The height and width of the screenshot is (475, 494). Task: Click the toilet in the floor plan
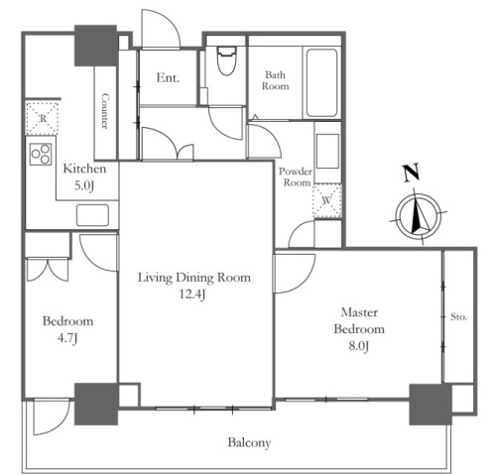[227, 60]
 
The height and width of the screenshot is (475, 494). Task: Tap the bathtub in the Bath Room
[321, 83]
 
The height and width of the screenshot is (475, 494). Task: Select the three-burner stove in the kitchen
[41, 154]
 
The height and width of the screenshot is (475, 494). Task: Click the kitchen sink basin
[92, 215]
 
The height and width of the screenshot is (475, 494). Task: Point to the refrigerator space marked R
[43, 119]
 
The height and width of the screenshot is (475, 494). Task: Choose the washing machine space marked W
[327, 201]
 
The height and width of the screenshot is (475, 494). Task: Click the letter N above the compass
[412, 173]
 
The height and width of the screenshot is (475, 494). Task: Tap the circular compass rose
[419, 216]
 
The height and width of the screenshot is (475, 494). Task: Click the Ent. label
[168, 78]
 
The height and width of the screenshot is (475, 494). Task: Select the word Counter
[105, 111]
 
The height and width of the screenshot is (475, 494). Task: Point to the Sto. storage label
[459, 317]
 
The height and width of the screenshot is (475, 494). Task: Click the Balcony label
[249, 442]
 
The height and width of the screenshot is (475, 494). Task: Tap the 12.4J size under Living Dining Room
[192, 295]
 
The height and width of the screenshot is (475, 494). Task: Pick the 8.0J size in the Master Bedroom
[359, 346]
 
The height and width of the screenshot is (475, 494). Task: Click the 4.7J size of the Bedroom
[67, 338]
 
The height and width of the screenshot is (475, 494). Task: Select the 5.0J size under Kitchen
[84, 185]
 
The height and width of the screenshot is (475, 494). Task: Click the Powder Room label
[296, 177]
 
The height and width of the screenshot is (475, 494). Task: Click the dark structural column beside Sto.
[431, 405]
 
